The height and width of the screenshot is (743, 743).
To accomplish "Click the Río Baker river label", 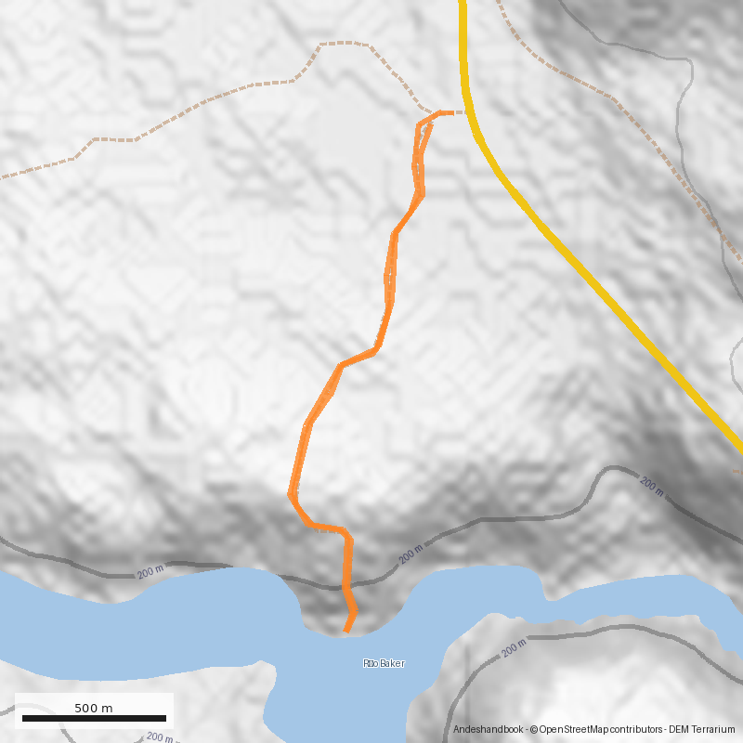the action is [384, 663].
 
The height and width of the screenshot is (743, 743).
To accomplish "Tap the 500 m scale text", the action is [93, 708].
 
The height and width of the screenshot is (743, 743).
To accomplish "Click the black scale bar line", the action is [94, 718].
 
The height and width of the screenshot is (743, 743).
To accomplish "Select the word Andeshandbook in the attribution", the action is [487, 730].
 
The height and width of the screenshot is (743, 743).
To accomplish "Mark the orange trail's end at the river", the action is [346, 632].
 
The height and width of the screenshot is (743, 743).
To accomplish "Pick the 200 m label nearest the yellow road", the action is [653, 486].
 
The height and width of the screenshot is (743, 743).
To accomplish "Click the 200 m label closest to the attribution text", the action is [514, 649].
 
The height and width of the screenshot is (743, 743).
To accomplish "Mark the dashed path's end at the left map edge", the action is [3, 176].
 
